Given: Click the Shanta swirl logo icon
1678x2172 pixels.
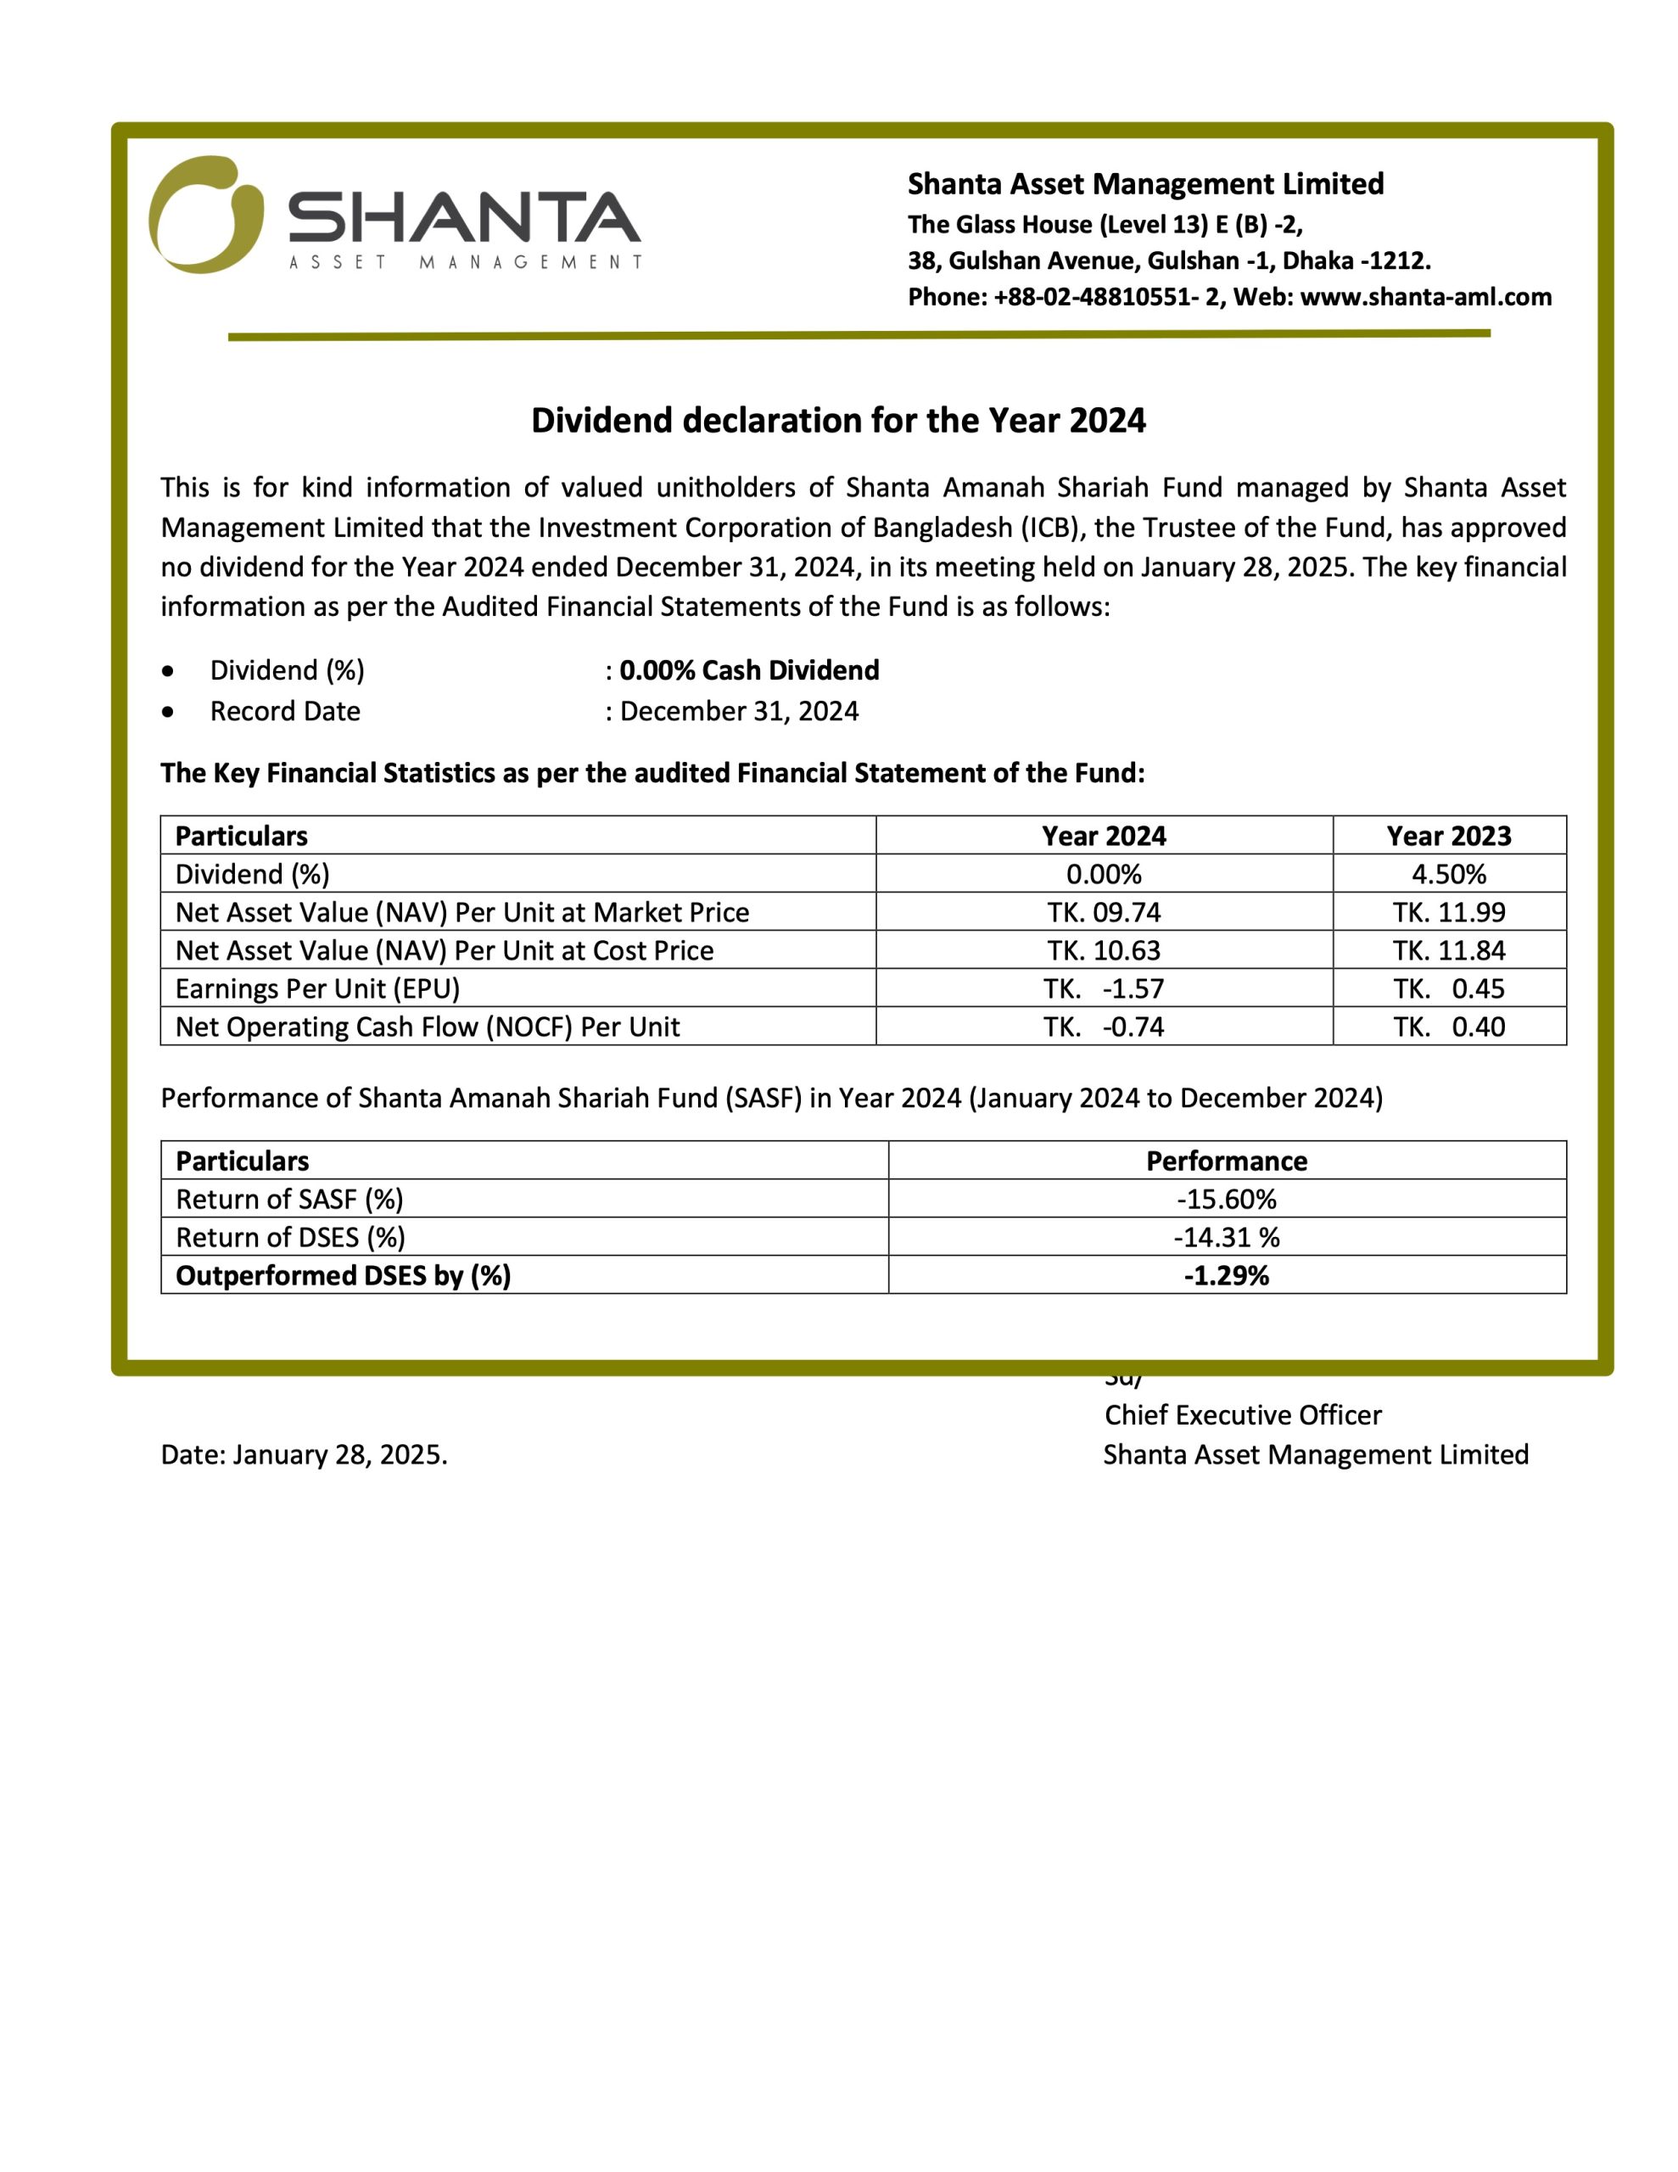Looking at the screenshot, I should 206,215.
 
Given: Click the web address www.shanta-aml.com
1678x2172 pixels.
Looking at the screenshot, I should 1425,297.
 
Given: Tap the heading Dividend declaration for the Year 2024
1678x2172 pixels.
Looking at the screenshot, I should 837,421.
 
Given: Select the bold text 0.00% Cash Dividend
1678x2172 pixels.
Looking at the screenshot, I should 749,670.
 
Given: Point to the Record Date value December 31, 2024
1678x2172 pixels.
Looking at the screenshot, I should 739,711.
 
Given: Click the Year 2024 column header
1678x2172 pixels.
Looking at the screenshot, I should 1103,836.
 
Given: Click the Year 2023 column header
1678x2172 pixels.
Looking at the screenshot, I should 1448,836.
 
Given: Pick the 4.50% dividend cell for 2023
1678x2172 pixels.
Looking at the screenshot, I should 1448,874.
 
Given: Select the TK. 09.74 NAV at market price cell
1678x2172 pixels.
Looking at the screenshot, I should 1103,912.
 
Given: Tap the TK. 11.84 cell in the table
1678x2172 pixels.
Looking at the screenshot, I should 1448,951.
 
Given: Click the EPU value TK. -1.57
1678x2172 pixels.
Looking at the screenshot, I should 1103,988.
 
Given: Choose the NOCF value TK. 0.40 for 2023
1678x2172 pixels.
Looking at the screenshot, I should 1448,1027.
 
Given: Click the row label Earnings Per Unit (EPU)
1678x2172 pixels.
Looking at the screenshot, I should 317,988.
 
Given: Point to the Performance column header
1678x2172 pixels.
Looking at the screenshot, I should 1227,1161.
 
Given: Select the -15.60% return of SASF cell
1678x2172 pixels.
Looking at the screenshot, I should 1227,1200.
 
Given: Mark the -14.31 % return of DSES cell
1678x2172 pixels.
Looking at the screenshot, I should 1227,1237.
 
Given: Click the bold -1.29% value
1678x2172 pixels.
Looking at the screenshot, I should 1227,1276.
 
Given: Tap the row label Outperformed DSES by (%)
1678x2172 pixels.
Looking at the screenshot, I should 344,1276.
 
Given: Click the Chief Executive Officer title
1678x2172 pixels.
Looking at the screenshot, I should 1242,1415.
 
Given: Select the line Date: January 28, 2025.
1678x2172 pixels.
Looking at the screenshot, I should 305,1455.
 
